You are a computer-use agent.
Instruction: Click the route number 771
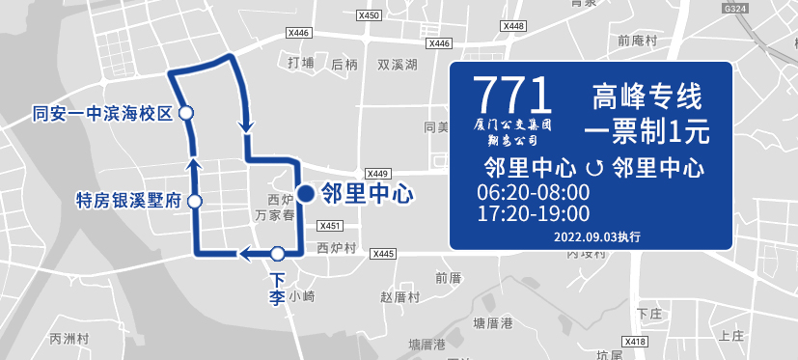(x=513, y=94)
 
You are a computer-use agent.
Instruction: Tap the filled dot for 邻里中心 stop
(x=305, y=194)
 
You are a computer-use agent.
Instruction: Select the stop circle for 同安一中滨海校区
(x=186, y=113)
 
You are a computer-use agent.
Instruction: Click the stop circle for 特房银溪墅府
(x=194, y=202)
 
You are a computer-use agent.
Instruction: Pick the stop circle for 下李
(x=278, y=254)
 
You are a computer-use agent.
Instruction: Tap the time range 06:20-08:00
(x=533, y=191)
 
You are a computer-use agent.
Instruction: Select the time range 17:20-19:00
(x=533, y=212)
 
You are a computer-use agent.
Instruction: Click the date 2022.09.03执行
(x=597, y=236)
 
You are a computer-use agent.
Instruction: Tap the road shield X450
(x=368, y=15)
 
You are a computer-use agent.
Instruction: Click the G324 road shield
(x=734, y=8)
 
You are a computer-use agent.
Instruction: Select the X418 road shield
(x=635, y=342)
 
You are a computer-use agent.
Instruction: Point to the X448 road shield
(x=513, y=26)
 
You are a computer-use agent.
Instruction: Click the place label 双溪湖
(x=397, y=65)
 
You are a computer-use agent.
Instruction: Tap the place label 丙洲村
(x=69, y=339)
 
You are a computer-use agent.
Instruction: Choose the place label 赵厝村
(x=399, y=296)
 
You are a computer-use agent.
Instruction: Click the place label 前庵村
(x=637, y=41)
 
